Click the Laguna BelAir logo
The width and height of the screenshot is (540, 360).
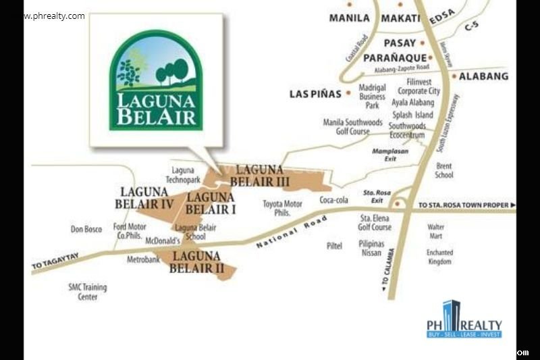[x=156, y=80]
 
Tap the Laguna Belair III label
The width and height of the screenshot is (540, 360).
[x=260, y=176]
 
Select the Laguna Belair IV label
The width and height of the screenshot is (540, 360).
[x=144, y=198]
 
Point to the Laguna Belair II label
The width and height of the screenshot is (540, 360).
[x=196, y=261]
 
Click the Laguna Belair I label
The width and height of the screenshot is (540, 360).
[x=211, y=203]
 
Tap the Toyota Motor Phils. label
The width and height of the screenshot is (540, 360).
[x=282, y=208]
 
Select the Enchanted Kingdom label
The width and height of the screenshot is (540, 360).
[x=439, y=257]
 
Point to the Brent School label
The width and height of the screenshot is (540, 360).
[x=444, y=170]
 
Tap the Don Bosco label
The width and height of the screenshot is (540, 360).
[x=86, y=230]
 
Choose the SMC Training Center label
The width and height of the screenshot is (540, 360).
[x=88, y=292]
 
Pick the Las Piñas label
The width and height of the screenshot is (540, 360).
[x=315, y=94]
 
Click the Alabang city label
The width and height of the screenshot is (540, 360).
[x=483, y=76]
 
